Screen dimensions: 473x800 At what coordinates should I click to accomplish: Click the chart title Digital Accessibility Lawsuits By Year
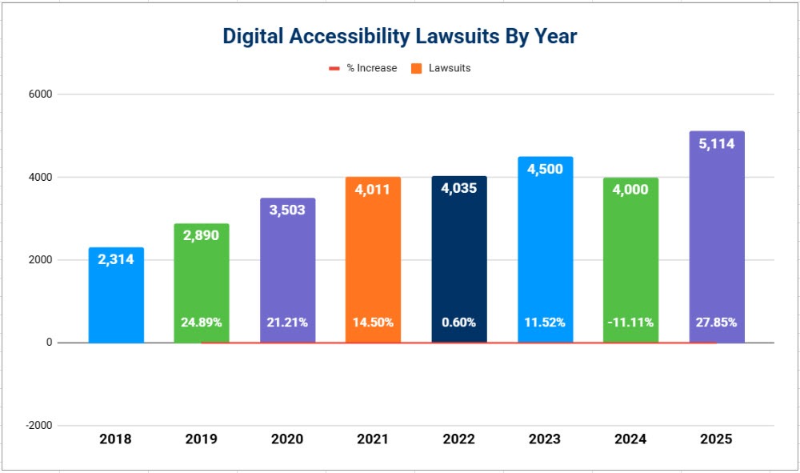[399, 36]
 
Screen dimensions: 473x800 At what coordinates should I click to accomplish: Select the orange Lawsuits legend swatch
[416, 69]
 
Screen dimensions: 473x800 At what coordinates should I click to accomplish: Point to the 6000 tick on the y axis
[41, 94]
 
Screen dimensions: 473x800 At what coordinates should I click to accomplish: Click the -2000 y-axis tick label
[38, 426]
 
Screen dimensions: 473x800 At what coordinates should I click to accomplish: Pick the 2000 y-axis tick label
[41, 260]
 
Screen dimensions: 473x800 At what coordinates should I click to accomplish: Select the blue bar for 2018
[116, 296]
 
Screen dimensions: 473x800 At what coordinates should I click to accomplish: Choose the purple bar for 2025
[717, 240]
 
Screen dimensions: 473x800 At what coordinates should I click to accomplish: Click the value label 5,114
[717, 144]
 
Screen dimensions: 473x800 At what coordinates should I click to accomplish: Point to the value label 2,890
[202, 237]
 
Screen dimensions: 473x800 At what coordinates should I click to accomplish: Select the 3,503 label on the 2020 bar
[287, 211]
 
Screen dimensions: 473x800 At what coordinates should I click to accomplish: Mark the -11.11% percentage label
[630, 323]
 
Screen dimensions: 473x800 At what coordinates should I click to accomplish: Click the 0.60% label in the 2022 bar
[458, 323]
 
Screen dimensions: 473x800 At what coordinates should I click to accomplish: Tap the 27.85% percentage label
[717, 323]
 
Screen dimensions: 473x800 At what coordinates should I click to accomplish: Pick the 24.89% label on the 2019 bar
[202, 323]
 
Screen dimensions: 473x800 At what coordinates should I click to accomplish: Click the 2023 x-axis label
[545, 439]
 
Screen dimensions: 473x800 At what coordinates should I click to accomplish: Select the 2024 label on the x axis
[630, 439]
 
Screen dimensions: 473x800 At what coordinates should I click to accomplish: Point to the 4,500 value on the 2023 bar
[545, 170]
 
